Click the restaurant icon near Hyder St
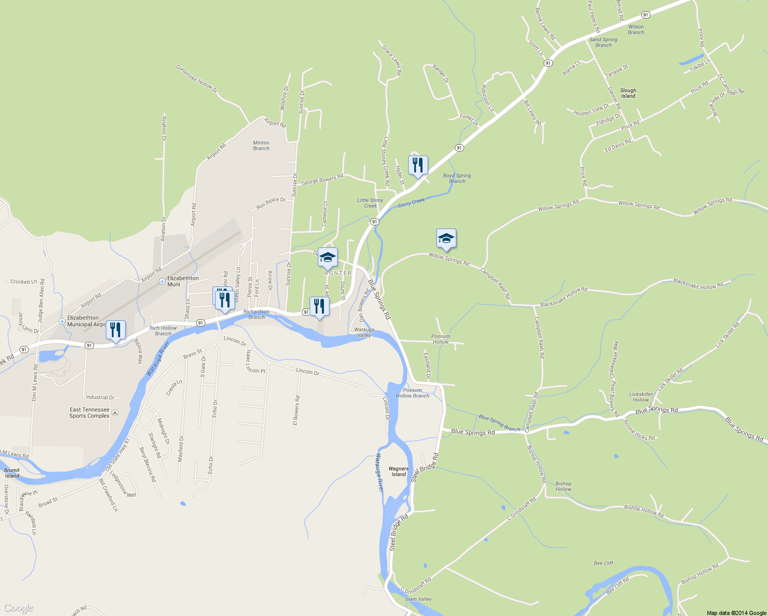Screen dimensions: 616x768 click(x=418, y=165)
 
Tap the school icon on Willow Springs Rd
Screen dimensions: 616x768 click(x=446, y=238)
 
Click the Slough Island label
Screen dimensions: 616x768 click(x=628, y=93)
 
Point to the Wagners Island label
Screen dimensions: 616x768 click(x=398, y=471)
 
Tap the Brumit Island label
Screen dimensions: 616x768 click(x=12, y=473)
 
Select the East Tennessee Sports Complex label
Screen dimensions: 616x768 click(x=89, y=413)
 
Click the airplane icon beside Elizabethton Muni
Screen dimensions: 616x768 click(x=162, y=281)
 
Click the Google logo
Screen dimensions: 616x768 click(x=18, y=608)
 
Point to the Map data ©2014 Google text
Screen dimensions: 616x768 click(x=736, y=613)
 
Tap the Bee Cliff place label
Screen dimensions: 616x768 click(x=603, y=563)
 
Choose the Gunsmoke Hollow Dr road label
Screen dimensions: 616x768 click(x=197, y=79)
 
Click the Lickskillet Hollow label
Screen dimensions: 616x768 click(x=641, y=397)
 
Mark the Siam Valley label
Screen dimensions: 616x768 click(x=418, y=599)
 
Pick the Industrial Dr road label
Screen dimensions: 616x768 click(x=100, y=397)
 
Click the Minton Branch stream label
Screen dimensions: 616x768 click(x=261, y=146)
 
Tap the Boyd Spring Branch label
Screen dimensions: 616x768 click(x=457, y=178)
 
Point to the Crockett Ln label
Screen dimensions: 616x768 click(x=24, y=282)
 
